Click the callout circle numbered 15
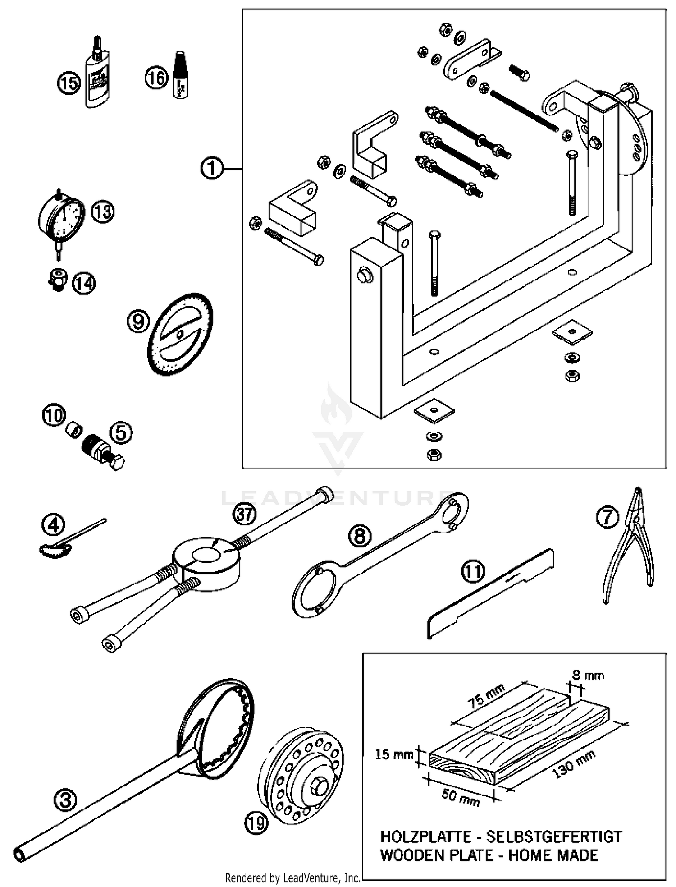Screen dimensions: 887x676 [69, 83]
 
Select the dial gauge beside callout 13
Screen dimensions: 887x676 [62, 220]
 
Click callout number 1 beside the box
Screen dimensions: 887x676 [212, 169]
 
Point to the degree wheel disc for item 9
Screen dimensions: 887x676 [180, 334]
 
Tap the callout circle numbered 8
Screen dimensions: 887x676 [360, 536]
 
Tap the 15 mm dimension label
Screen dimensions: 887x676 [394, 754]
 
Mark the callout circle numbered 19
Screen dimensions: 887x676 [256, 824]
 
